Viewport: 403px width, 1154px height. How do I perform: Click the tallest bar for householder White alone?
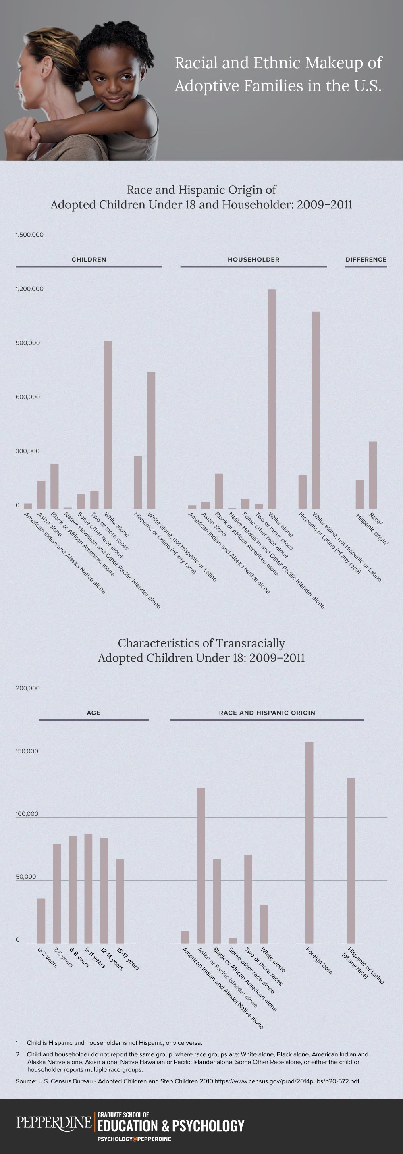(x=272, y=399)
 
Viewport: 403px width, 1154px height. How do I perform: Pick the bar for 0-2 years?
(x=41, y=921)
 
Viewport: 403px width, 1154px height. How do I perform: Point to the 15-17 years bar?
(x=120, y=901)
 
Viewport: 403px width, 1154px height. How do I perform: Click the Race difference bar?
(x=372, y=475)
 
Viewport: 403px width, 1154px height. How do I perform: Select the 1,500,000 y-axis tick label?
(x=29, y=235)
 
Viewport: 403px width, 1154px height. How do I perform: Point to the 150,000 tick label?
(x=27, y=751)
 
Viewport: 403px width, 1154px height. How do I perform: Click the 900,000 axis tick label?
(x=28, y=343)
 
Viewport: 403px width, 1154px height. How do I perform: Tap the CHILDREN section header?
(x=89, y=260)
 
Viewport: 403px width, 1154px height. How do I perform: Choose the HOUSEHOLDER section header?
(x=253, y=260)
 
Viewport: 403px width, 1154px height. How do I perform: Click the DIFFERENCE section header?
(x=366, y=260)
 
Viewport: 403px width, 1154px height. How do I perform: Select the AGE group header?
(x=93, y=713)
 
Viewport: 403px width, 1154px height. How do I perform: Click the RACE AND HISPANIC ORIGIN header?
(x=267, y=713)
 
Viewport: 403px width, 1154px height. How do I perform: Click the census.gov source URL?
(x=287, y=1081)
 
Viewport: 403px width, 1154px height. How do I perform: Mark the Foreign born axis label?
(x=319, y=961)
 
